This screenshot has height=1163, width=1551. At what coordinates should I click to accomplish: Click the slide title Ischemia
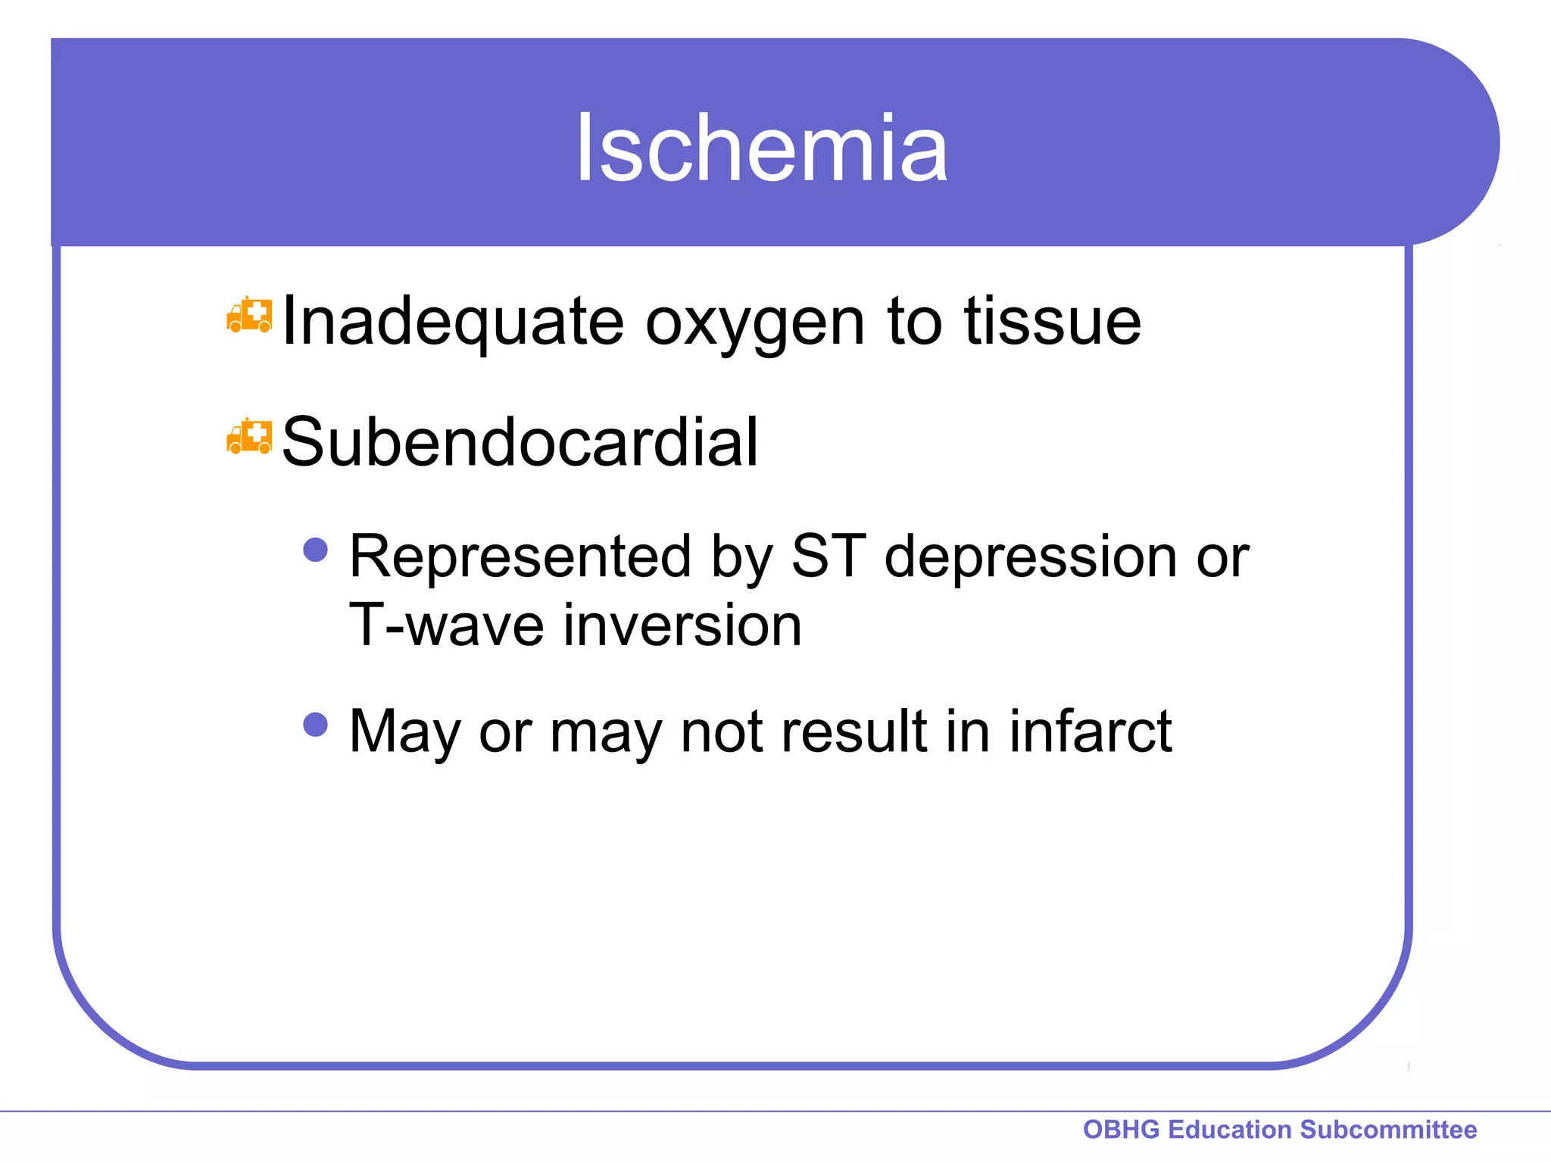761,148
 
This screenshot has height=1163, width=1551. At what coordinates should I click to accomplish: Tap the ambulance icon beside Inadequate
249,316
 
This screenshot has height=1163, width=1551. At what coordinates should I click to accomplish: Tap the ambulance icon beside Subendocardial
249,436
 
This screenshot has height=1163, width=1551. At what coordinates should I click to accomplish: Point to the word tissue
1053,322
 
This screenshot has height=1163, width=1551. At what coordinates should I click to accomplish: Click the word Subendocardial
520,442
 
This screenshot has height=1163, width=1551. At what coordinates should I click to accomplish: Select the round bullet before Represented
315,550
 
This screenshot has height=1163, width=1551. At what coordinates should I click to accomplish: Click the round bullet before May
315,725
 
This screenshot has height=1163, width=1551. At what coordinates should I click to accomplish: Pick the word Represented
520,557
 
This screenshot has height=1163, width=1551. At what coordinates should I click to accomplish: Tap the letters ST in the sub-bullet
828,557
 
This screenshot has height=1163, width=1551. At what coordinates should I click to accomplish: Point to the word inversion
682,626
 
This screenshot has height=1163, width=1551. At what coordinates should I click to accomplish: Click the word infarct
1090,731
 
